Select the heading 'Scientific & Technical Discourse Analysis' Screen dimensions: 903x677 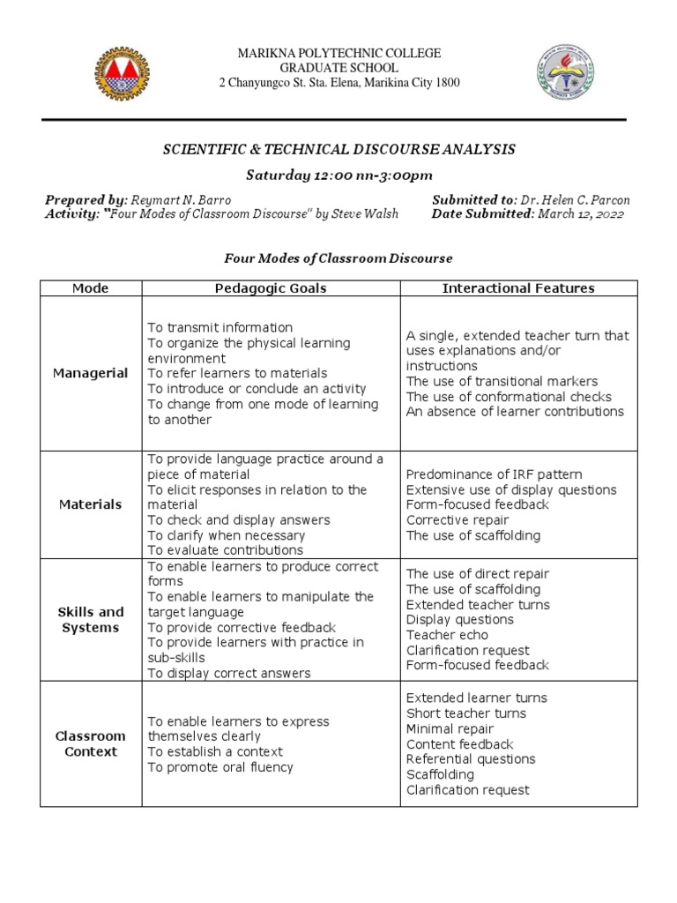click(338, 150)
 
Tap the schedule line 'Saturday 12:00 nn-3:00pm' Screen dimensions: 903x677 click(338, 175)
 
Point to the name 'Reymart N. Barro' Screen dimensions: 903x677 click(181, 200)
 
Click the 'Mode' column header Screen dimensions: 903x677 click(90, 288)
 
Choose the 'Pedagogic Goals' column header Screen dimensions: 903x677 click(271, 288)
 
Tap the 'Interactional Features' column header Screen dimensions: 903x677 click(518, 288)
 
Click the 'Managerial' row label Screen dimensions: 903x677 click(90, 373)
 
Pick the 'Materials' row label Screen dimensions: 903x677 click(90, 504)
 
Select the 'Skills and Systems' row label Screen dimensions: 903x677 click(90, 619)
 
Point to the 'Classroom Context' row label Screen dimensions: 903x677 click(90, 743)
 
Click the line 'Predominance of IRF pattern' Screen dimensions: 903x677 click(494, 474)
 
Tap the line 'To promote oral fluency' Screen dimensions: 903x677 click(219, 767)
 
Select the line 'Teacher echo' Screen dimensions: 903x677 click(447, 635)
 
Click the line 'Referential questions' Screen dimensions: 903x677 click(471, 759)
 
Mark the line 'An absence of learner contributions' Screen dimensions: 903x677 click(515, 411)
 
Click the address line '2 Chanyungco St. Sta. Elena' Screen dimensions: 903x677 click(338, 83)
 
